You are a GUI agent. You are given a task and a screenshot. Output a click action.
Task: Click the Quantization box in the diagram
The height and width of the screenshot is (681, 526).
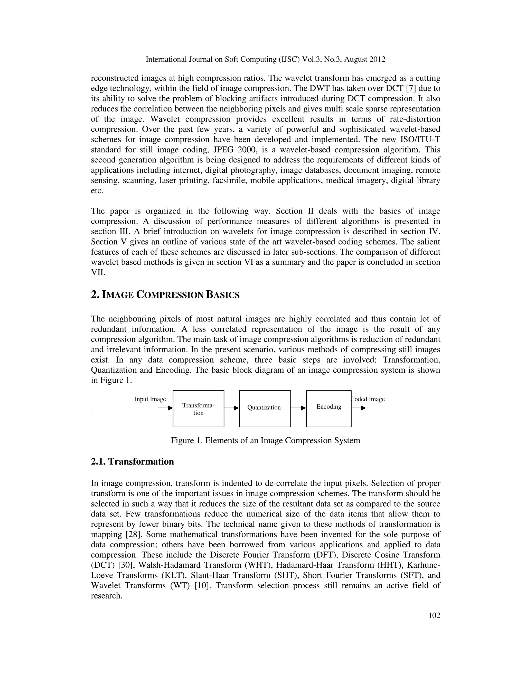[x=265, y=409]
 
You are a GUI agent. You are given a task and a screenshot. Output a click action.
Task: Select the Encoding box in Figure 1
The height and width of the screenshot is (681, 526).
[x=328, y=409]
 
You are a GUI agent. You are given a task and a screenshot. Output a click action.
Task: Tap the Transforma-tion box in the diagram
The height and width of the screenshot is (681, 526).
[x=198, y=409]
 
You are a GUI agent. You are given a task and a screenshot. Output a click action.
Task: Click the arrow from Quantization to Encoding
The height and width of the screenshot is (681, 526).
[x=298, y=408]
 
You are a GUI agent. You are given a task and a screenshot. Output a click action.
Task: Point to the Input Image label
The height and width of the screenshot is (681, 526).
[x=150, y=399]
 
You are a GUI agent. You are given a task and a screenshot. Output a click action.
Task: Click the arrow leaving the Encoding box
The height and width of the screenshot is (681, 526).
[x=358, y=408]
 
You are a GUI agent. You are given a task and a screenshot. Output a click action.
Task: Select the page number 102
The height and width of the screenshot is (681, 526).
[x=434, y=615]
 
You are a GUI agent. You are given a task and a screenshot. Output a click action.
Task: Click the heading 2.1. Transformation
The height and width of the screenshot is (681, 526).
[x=133, y=462]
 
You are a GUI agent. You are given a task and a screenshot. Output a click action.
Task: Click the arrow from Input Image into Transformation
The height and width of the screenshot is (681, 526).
[x=165, y=408]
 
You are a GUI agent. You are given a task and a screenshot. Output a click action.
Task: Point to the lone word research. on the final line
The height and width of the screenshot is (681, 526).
[x=107, y=596]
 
